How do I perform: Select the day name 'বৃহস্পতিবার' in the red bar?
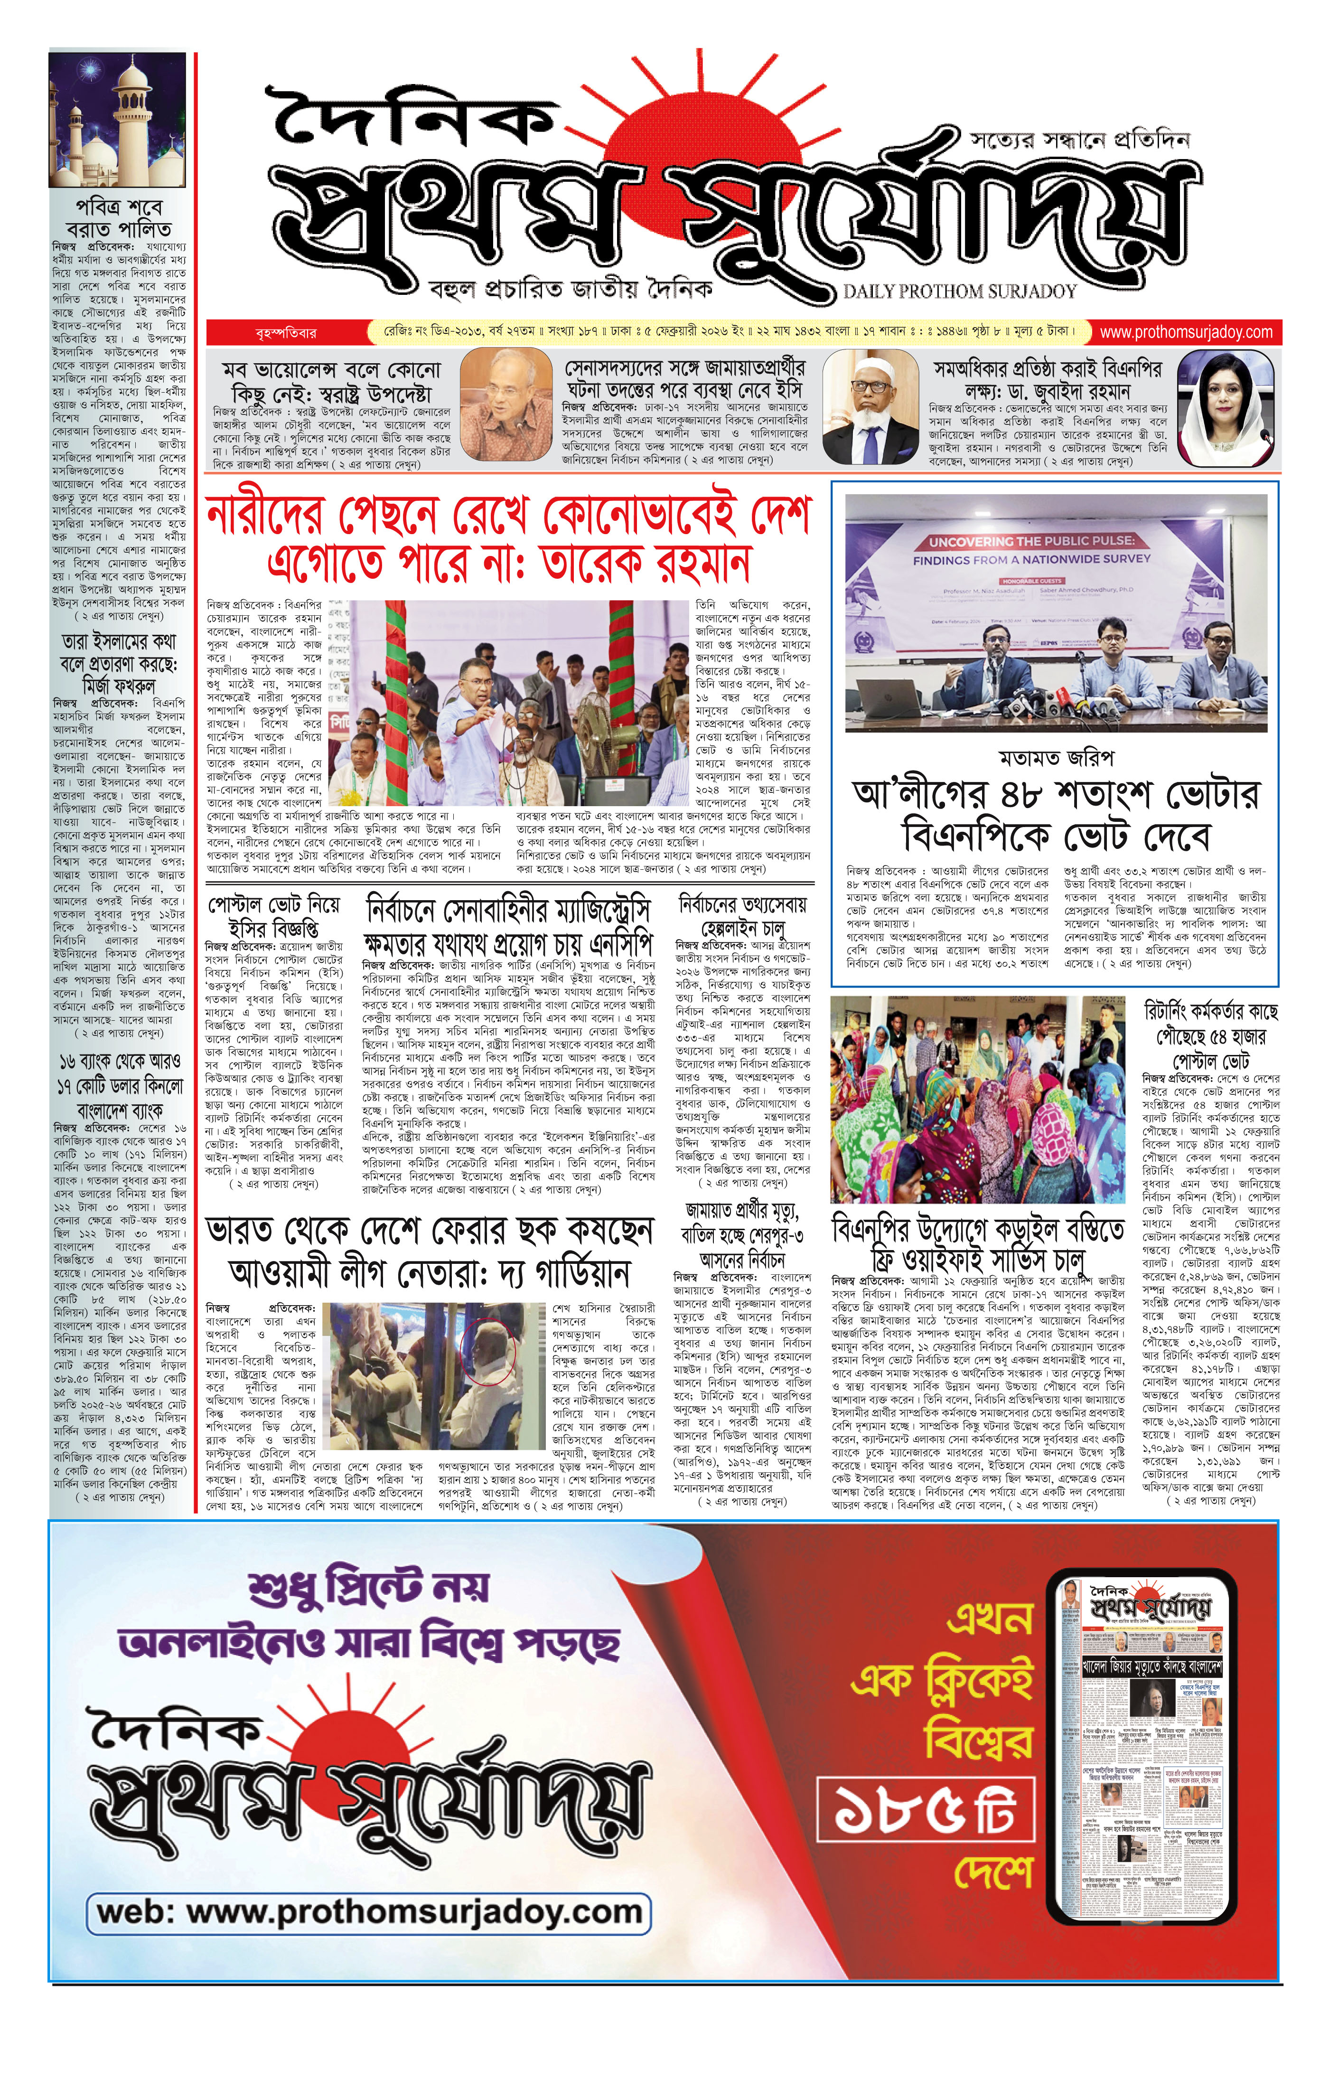click(x=286, y=332)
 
